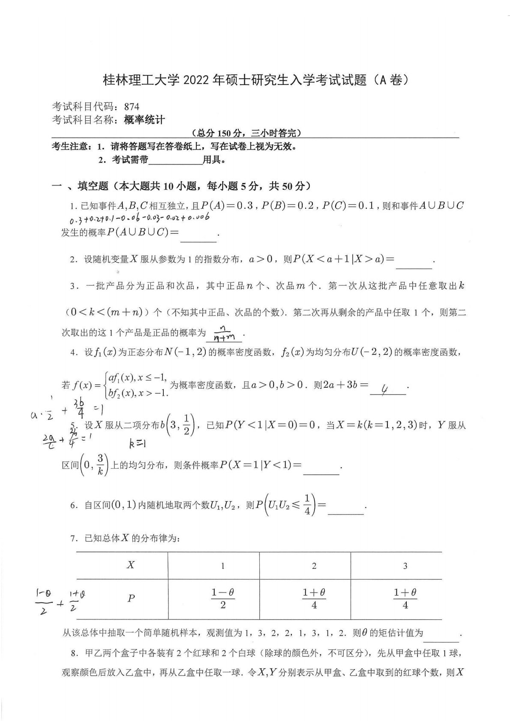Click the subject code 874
132,106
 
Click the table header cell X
131,565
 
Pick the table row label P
131,598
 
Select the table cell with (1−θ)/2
222,598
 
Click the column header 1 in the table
222,566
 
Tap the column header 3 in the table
405,566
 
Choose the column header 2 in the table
314,566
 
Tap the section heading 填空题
93,186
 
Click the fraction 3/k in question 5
100,465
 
